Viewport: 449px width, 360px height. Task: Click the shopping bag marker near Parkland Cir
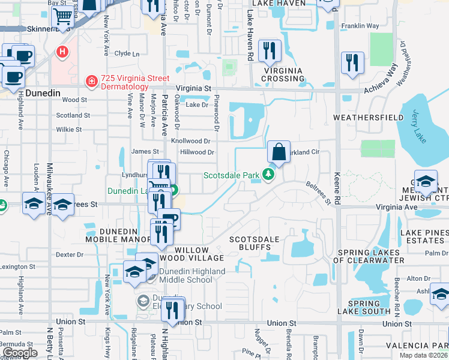coord(279,152)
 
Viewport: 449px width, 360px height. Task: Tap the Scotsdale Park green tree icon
coord(270,175)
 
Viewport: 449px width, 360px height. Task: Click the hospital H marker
coord(61,52)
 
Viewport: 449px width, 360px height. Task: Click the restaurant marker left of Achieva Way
coord(351,63)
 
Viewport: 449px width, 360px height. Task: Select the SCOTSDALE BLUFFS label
coord(255,244)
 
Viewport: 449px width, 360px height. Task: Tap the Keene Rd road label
coord(337,185)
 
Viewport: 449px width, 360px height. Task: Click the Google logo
coord(20,353)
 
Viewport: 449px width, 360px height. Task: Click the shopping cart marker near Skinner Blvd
coord(62,19)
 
